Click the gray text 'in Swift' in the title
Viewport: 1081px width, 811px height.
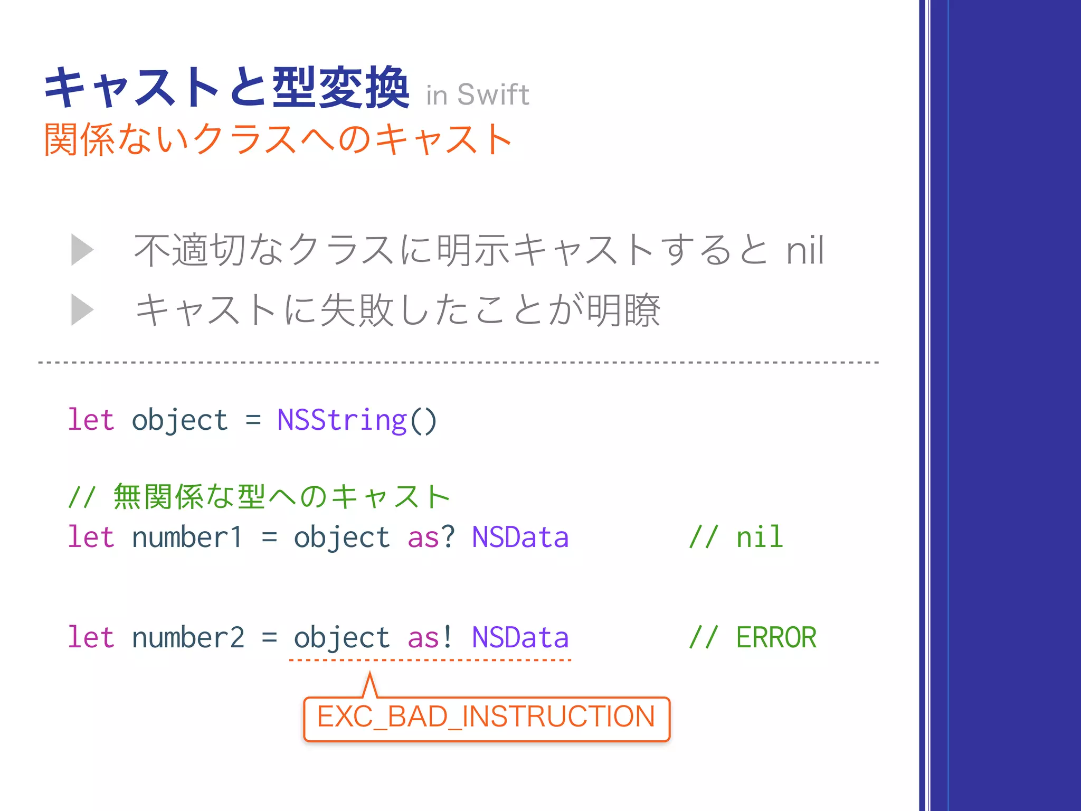[x=477, y=95]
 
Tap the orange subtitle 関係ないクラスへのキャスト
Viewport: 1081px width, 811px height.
[x=278, y=140]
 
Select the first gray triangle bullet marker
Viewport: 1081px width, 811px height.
[x=81, y=250]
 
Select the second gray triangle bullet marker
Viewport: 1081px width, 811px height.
[x=81, y=310]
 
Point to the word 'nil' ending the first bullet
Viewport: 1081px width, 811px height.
[x=804, y=250]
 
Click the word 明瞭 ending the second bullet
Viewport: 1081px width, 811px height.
[x=623, y=310]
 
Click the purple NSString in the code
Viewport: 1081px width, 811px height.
[x=342, y=420]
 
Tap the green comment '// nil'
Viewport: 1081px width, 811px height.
[x=736, y=537]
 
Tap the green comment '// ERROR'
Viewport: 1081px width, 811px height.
[x=753, y=637]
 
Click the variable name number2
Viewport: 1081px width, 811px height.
[x=188, y=637]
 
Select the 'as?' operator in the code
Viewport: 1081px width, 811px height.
[x=431, y=537]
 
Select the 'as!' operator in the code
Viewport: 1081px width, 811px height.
[x=430, y=637]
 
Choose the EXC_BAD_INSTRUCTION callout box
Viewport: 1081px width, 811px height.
[x=486, y=718]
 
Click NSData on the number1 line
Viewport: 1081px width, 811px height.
[x=520, y=537]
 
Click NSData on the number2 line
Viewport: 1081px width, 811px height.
[x=520, y=637]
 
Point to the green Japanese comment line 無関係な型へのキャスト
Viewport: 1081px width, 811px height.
[x=259, y=497]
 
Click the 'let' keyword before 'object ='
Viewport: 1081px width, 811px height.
[x=91, y=420]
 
